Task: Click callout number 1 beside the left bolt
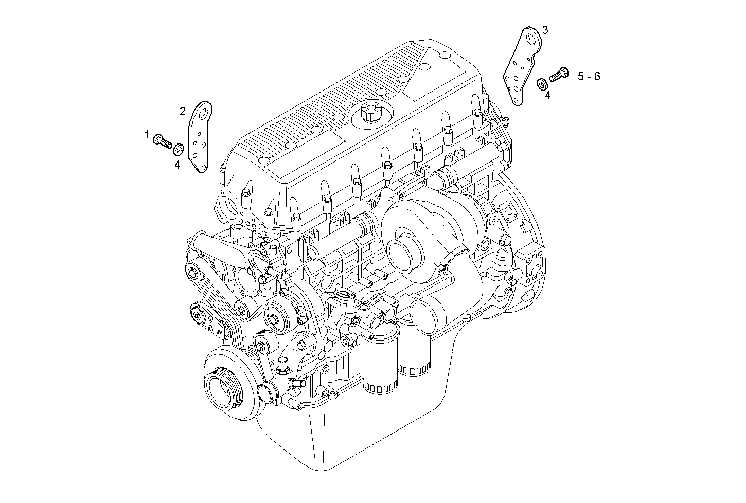point(147,135)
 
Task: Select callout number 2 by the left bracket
point(183,112)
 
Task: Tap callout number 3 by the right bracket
point(545,30)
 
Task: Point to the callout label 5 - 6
point(589,76)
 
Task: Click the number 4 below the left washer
point(177,165)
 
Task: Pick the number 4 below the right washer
point(548,96)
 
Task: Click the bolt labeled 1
point(163,141)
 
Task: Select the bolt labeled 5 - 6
point(559,74)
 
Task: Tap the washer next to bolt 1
point(179,149)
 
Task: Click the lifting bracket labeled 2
point(200,137)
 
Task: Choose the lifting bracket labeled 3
point(522,66)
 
